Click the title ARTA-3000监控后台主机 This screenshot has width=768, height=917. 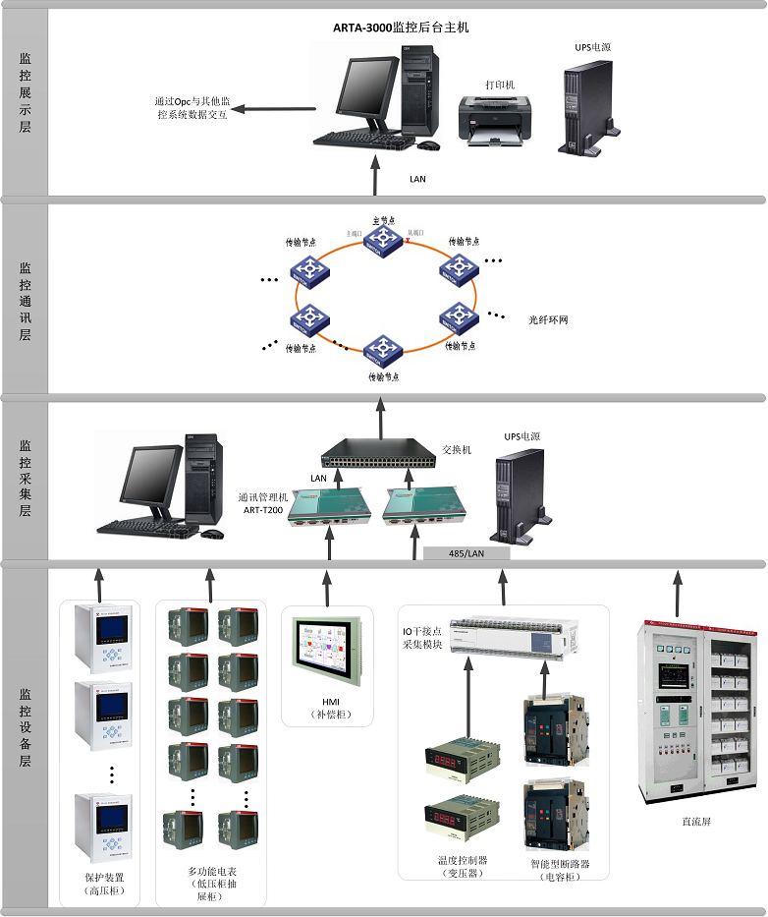[400, 28]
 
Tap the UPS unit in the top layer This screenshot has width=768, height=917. [587, 110]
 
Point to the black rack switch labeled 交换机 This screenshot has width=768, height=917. [377, 453]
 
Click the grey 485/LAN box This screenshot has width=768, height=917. [466, 554]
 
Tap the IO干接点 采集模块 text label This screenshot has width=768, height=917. [422, 636]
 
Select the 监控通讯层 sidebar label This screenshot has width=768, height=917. [26, 294]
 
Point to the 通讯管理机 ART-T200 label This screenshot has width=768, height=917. [262, 502]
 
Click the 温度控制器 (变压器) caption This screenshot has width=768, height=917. [462, 868]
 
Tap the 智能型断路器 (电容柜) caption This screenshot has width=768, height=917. [559, 869]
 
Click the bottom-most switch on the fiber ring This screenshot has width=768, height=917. [382, 351]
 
